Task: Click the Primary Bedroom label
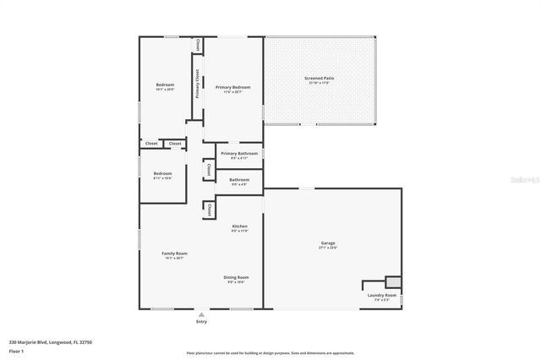(x=232, y=87)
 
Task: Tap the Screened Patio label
(x=320, y=78)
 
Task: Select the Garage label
(x=328, y=243)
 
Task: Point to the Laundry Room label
(x=381, y=295)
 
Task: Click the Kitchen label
(x=240, y=226)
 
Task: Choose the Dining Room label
(x=236, y=277)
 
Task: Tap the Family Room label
(x=175, y=254)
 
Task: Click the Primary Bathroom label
(x=239, y=153)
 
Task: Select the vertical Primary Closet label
(x=198, y=83)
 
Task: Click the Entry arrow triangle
(x=201, y=314)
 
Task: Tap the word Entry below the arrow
(x=201, y=321)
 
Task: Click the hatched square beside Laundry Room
(x=392, y=282)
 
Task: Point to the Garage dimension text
(x=328, y=248)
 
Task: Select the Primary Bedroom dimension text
(x=232, y=92)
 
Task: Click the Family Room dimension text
(x=175, y=259)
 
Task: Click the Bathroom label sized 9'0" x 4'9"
(x=239, y=179)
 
